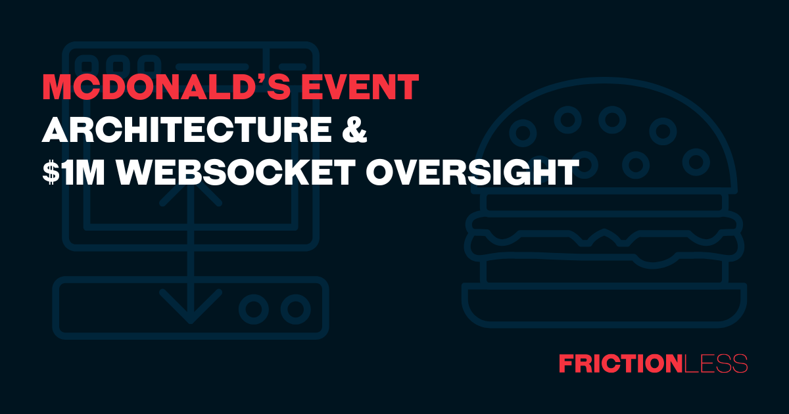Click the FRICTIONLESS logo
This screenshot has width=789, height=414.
pyautogui.click(x=653, y=363)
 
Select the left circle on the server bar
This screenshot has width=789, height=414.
pyautogui.click(x=252, y=308)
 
